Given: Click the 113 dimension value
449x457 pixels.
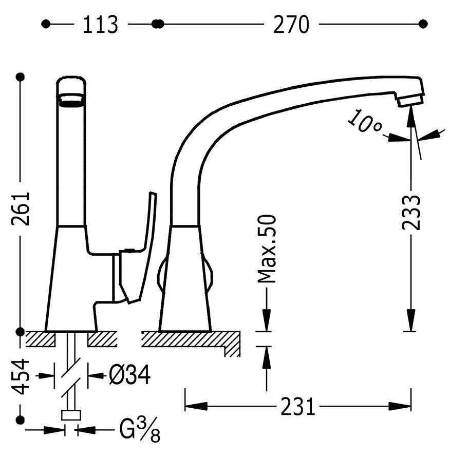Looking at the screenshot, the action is [x=101, y=25].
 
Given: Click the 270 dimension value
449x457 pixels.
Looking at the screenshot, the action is [x=291, y=25].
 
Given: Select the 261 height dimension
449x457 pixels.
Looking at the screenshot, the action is [x=21, y=208].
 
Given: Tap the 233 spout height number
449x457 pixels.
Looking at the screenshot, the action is [x=411, y=212].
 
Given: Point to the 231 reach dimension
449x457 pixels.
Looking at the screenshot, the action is [x=297, y=406].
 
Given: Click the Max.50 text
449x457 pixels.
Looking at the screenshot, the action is [x=267, y=249].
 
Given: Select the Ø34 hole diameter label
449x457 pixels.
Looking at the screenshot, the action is [x=130, y=375].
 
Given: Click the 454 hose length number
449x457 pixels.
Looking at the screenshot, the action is [x=20, y=376].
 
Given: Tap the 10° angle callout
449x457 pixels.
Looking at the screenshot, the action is [x=364, y=121].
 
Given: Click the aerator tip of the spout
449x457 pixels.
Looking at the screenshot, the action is [x=410, y=101].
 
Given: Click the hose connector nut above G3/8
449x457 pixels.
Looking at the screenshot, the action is [x=71, y=415].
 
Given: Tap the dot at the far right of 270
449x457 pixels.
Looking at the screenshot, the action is [x=423, y=24].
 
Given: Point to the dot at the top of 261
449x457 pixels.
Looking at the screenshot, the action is [x=21, y=77].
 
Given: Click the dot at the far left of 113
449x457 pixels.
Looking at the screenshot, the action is [x=46, y=24].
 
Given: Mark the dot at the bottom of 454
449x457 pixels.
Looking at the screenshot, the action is [x=20, y=420].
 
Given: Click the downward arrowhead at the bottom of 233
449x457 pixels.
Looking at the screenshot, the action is [x=411, y=320].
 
